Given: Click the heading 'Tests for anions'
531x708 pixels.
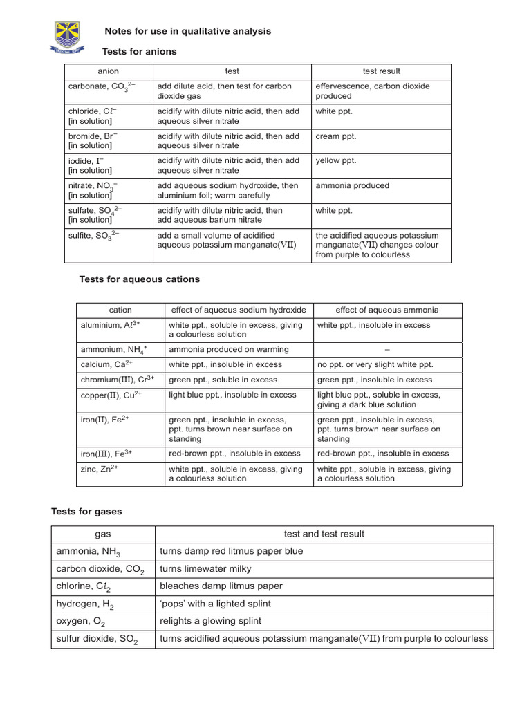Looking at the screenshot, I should click(x=139, y=52).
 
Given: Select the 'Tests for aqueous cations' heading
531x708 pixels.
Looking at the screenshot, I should click(x=140, y=279).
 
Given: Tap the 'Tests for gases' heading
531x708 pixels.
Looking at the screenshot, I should click(x=87, y=512).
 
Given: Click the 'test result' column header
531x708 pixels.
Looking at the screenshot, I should click(x=381, y=71).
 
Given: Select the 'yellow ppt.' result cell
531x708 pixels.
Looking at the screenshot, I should click(x=336, y=160).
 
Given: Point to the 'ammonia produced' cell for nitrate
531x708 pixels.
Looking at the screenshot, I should click(x=352, y=185).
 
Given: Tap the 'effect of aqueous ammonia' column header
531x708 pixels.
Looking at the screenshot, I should click(x=387, y=310).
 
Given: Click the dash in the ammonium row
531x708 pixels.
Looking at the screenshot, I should click(x=387, y=349).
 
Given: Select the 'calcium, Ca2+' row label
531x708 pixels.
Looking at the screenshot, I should click(x=107, y=364).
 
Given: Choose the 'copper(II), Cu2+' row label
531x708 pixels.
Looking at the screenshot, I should click(x=111, y=394).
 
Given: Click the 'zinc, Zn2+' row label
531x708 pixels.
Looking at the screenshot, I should click(x=100, y=469).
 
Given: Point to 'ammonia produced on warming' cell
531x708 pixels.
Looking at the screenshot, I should click(x=229, y=349).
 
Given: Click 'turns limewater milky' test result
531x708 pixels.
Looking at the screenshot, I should click(x=205, y=569).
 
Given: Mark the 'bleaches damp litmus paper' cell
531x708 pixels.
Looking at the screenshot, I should click(x=221, y=586).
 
